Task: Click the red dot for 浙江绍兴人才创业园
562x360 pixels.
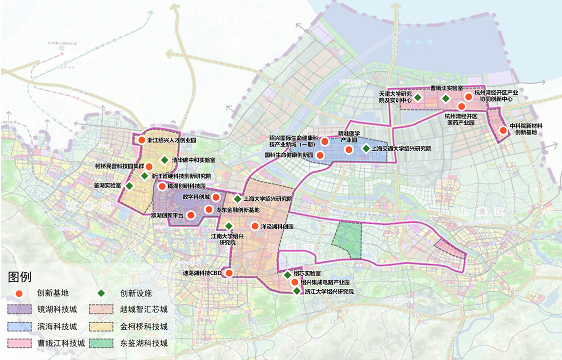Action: pyautogui.click(x=142, y=141)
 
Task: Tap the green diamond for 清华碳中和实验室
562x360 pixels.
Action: pyautogui.click(x=165, y=160)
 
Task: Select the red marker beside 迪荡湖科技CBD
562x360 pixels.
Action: pyautogui.click(x=229, y=273)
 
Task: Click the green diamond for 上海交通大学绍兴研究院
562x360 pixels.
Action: pyautogui.click(x=366, y=148)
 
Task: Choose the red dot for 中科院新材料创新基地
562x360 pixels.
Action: pyautogui.click(x=503, y=130)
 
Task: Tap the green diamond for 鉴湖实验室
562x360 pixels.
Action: pyautogui.click(x=129, y=185)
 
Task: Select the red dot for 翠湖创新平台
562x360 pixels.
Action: pyautogui.click(x=191, y=215)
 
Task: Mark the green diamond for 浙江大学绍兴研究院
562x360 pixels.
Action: pyautogui.click(x=297, y=291)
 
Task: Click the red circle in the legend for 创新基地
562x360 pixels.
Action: pyautogui.click(x=19, y=293)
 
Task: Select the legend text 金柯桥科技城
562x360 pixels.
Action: pyautogui.click(x=144, y=326)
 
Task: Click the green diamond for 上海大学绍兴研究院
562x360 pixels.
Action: pyautogui.click(x=237, y=199)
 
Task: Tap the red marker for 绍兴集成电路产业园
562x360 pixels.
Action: pyautogui.click(x=294, y=282)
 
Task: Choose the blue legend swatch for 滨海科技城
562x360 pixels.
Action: pyautogui.click(x=18, y=326)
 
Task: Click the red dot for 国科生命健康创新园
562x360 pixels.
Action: pyautogui.click(x=320, y=155)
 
